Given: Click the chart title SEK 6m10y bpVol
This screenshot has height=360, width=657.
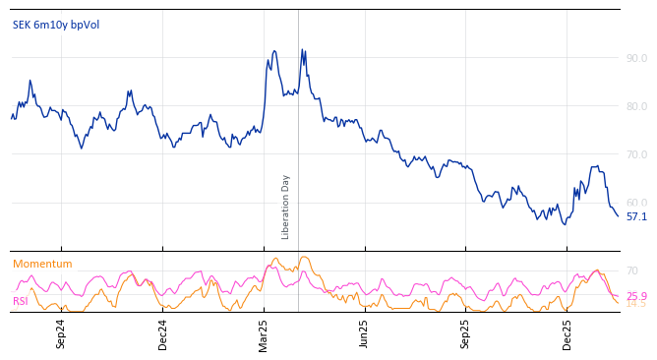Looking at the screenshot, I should [56, 26].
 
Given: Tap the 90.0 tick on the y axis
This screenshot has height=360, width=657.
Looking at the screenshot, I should [635, 59].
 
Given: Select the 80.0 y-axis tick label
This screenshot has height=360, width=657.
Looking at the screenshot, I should [635, 107].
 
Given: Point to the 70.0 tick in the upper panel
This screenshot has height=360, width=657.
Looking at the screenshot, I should [635, 155].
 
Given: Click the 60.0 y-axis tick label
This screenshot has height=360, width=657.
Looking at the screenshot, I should [635, 204].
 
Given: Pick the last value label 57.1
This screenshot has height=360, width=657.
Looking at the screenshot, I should [636, 217].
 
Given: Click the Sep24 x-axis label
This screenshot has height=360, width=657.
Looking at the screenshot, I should [61, 332].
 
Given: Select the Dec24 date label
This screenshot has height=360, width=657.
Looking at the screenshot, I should [163, 332].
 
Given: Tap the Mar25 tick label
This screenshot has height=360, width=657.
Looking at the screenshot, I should [264, 332].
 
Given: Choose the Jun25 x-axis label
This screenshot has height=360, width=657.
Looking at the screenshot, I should [365, 332].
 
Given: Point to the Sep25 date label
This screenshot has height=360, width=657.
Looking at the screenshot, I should [466, 332].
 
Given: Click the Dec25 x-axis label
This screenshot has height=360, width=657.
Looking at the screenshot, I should [567, 332].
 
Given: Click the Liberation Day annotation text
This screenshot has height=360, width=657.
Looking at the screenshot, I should [286, 207].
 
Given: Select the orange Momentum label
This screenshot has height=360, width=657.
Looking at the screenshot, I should [42, 265].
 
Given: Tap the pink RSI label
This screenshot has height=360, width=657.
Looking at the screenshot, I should [21, 302].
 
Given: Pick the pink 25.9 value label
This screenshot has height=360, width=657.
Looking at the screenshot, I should [636, 297].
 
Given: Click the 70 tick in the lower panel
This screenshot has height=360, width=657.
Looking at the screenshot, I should [631, 271].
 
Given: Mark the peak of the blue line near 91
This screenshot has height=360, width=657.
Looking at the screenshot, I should [302, 49].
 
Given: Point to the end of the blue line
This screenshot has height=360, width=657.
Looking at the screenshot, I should [618, 215].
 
